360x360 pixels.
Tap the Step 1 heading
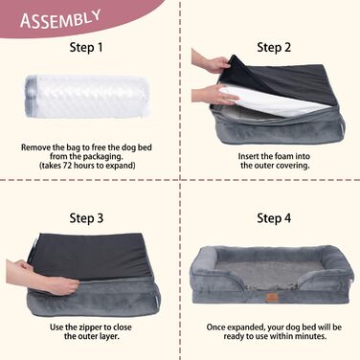point(86,48)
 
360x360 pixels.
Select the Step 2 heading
point(274,48)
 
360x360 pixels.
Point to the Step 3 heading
point(86,218)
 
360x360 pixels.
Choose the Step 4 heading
point(274,218)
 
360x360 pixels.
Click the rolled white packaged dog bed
point(87,96)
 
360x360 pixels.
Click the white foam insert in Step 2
point(274,100)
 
